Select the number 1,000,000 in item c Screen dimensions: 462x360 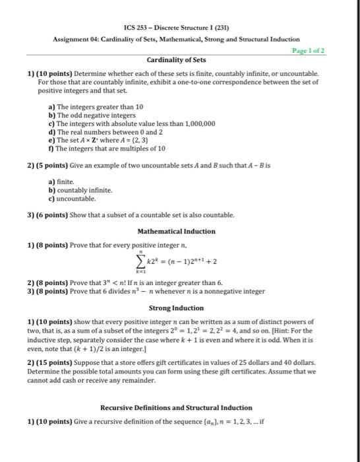pyautogui.click(x=179, y=123)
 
